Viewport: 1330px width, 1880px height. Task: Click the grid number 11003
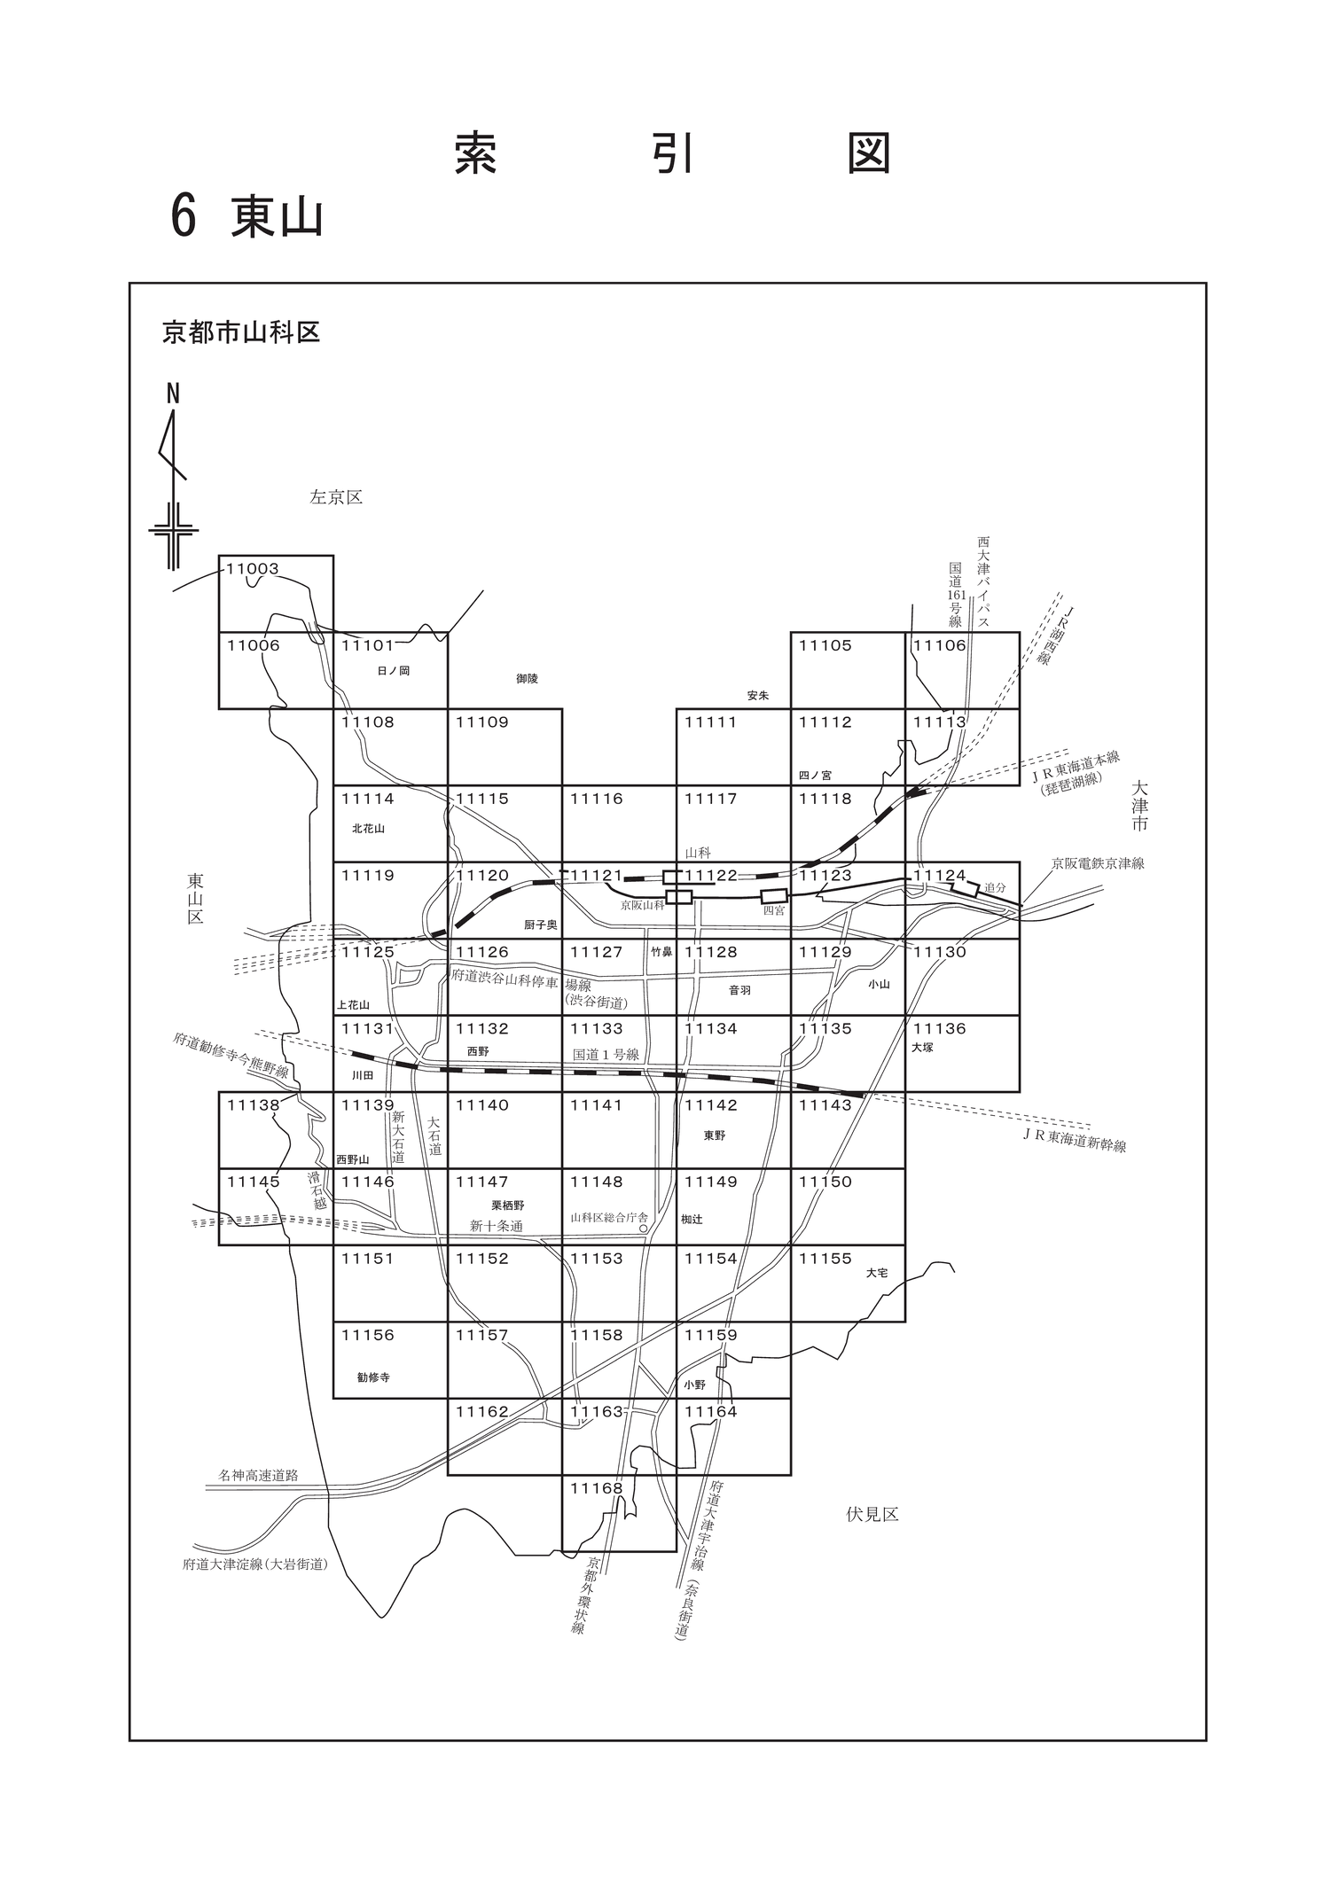(x=253, y=569)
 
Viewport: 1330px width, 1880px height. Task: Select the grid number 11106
(x=940, y=645)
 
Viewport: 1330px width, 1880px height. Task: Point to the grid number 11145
(x=254, y=1182)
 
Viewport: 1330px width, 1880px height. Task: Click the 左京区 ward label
(x=336, y=498)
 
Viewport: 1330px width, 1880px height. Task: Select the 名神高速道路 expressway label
(x=258, y=1476)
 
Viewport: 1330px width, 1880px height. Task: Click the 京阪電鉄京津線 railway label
(x=1098, y=863)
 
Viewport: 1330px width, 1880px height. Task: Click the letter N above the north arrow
(x=173, y=394)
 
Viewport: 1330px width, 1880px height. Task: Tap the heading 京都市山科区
(x=241, y=332)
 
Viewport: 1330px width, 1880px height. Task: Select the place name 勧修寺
(x=373, y=1377)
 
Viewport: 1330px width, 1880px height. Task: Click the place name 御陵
(x=527, y=679)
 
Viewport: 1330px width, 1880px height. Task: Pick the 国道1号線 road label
(x=606, y=1055)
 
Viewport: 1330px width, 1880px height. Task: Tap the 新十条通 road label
(x=497, y=1226)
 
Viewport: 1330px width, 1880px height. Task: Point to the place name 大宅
(x=877, y=1273)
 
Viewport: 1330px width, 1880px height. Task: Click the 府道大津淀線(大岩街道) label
(x=255, y=1564)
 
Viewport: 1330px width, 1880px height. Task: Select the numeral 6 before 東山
(x=183, y=216)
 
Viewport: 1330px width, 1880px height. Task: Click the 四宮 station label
(x=774, y=910)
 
